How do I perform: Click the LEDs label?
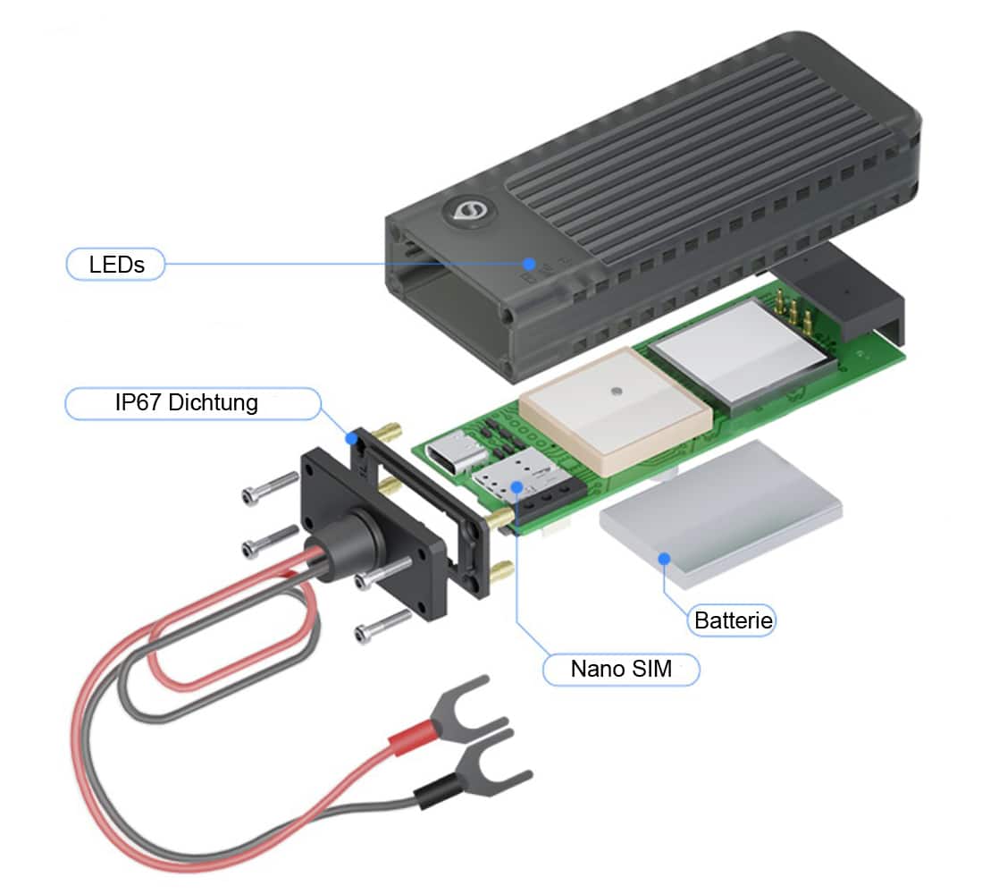pos(116,265)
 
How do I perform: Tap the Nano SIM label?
pos(621,668)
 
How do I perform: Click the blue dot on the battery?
pos(664,559)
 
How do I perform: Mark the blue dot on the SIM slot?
pos(517,485)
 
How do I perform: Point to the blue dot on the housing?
pos(529,264)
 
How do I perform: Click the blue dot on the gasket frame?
pos(353,438)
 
